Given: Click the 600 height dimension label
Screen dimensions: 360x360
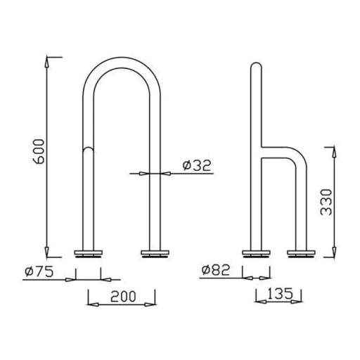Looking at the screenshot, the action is click(x=38, y=151).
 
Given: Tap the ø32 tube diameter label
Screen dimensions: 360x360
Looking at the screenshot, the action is click(x=197, y=165).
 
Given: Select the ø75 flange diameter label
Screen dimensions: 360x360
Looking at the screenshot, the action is click(x=39, y=271).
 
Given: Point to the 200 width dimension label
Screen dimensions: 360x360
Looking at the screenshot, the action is click(x=123, y=296).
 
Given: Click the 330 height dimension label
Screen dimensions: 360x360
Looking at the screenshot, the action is click(x=326, y=202).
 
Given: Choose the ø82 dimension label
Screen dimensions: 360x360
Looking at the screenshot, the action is click(x=216, y=270).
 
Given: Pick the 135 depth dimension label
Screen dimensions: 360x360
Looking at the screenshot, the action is click(x=280, y=293).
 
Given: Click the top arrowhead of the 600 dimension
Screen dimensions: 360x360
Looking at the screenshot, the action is click(x=47, y=62).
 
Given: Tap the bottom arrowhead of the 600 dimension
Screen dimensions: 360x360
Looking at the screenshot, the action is click(x=47, y=252).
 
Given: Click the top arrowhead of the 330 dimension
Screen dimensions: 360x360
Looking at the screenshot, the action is click(x=334, y=152).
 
